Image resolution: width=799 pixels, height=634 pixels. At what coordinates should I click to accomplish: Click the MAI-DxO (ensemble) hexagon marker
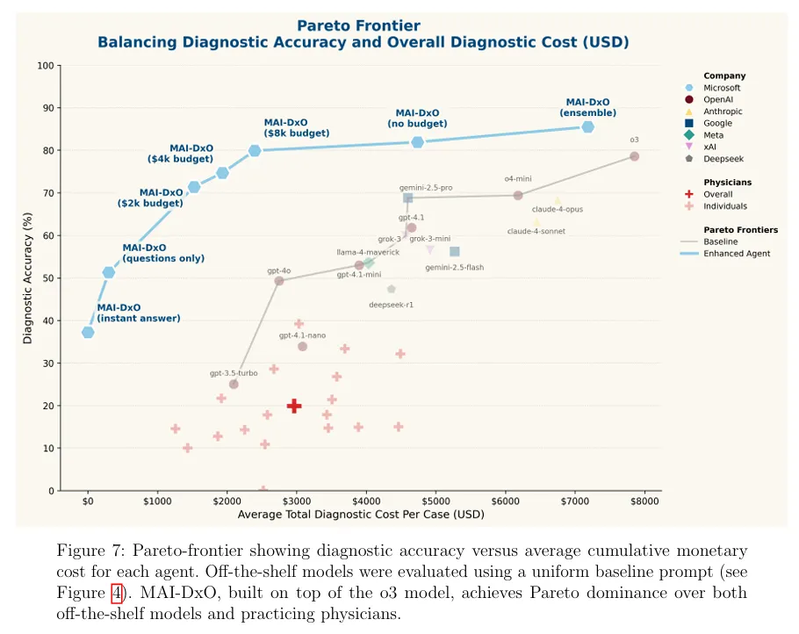point(587,127)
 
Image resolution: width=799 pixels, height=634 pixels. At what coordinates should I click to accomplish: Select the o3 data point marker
point(634,156)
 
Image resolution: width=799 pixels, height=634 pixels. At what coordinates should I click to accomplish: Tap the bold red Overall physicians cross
point(294,406)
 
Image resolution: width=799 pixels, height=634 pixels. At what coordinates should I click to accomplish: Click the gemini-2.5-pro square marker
point(408,198)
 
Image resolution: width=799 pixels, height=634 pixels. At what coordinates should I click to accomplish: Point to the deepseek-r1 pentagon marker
point(391,289)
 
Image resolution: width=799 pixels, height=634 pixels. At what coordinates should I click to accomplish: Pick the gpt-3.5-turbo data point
point(234,384)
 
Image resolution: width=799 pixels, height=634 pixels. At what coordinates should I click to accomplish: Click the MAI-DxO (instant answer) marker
point(88,332)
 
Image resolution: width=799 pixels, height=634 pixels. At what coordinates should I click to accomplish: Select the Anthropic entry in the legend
point(722,112)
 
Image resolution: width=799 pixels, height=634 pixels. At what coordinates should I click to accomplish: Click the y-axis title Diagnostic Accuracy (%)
point(27,277)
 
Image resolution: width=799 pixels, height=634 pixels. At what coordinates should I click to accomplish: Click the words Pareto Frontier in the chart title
point(358,26)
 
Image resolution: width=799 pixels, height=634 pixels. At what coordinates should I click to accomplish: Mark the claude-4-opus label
point(557,210)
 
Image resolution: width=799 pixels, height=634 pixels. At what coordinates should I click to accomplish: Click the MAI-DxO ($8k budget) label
point(296,128)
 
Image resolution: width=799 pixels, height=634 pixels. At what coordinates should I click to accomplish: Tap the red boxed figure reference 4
point(116,594)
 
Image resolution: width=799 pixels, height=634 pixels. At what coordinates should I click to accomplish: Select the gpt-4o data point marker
point(279,281)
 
